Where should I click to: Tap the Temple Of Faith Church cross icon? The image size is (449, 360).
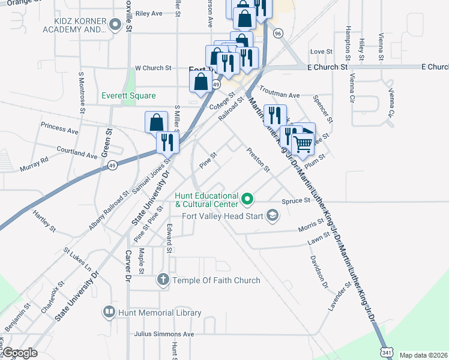163,280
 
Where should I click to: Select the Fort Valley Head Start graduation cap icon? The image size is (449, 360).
273,215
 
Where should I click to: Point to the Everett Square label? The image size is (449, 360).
128,95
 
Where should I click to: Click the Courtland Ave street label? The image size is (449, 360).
77,152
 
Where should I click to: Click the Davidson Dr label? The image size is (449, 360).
319,270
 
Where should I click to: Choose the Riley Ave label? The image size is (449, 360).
149,13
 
